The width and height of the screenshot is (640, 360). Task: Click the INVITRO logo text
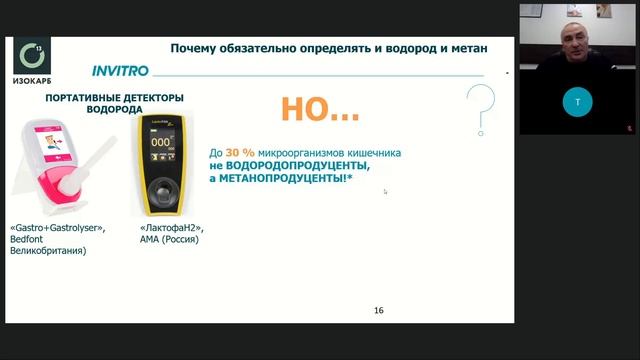[120, 72]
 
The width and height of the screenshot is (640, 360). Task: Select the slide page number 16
[378, 310]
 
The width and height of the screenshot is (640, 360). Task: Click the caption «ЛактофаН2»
[160, 228]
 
